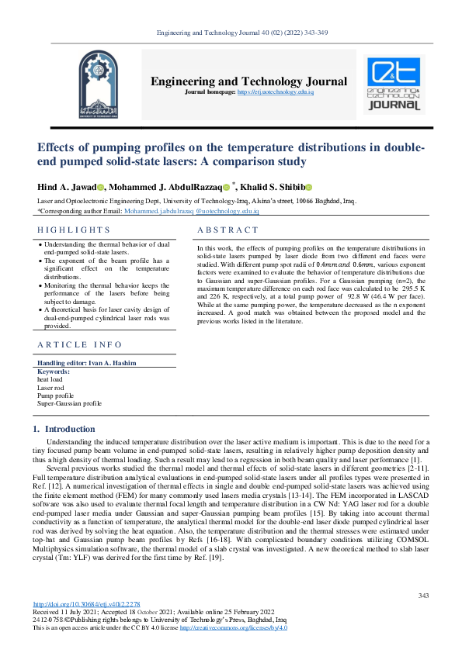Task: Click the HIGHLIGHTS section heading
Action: point(74,230)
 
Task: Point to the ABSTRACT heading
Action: point(228,230)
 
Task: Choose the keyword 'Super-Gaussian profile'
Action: point(69,403)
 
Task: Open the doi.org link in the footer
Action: point(86,604)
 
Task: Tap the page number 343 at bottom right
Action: point(423,595)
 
